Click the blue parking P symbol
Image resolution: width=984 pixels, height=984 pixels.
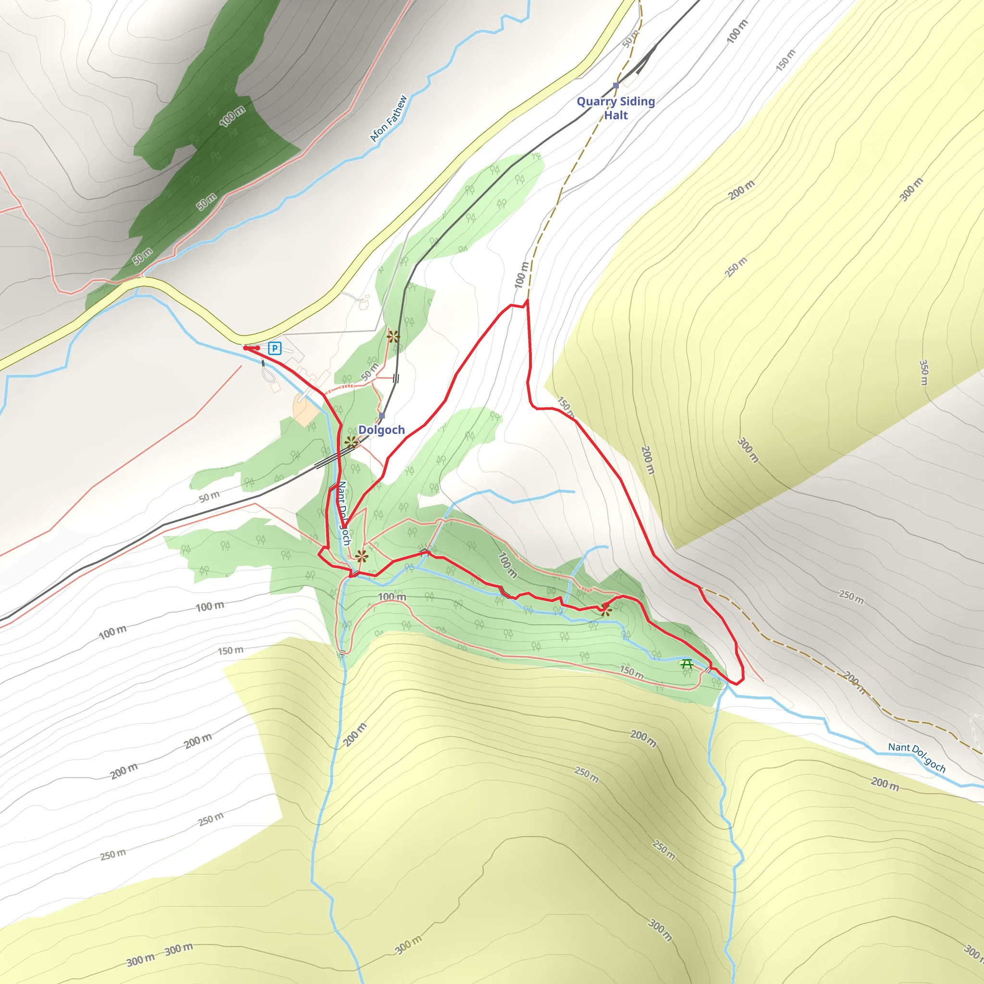point(274,348)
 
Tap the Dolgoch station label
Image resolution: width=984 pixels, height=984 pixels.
point(381,430)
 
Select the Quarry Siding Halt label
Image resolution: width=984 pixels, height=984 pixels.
point(616,108)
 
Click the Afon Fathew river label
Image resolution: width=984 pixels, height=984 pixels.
point(388,119)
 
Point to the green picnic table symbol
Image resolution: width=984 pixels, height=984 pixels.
point(687,664)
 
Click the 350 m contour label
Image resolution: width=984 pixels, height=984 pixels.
point(923,372)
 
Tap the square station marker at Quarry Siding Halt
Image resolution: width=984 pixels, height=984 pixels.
point(616,86)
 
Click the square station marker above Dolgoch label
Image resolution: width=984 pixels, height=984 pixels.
point(382,416)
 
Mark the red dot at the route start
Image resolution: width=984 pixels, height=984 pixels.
point(246,348)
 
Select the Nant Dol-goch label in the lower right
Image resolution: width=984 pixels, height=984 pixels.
point(917,757)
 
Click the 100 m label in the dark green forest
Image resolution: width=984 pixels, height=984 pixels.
point(232,117)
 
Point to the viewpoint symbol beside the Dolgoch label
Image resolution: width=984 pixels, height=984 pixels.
point(351,442)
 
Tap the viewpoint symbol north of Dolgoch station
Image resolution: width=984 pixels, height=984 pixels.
point(393,336)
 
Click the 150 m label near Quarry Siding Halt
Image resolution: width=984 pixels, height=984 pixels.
point(785,60)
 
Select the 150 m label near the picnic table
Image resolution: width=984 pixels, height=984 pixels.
point(631,672)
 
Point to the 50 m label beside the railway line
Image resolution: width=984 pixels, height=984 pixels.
point(209,497)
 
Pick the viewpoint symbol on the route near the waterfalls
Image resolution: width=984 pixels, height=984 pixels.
point(605,610)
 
